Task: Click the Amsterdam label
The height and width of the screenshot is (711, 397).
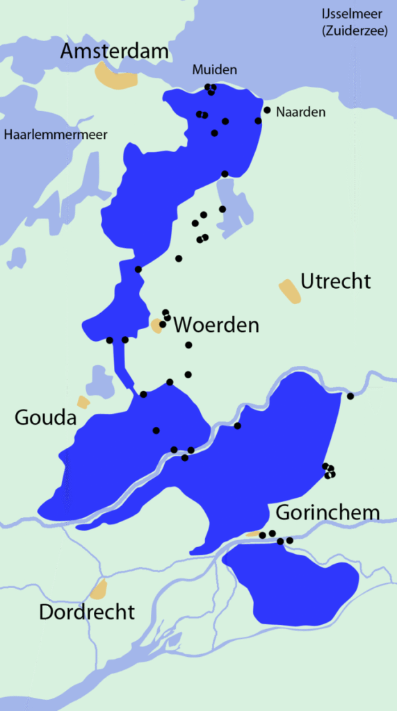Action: [x=115, y=51]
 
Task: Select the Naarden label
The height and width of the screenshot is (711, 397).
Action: [x=300, y=112]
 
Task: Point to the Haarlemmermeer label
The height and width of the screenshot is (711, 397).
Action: [x=56, y=135]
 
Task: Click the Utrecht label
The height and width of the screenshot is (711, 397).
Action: [x=336, y=281]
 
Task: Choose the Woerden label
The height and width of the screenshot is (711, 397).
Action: [x=216, y=324]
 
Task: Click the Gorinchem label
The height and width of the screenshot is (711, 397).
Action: [x=328, y=512]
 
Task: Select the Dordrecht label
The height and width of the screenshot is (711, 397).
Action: [x=87, y=612]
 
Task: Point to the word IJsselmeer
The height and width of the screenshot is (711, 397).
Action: [x=354, y=14]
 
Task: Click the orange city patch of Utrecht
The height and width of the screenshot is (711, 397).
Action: [x=290, y=291]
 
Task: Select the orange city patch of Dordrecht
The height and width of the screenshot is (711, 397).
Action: [x=99, y=589]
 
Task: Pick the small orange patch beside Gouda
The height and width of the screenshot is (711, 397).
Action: [x=83, y=402]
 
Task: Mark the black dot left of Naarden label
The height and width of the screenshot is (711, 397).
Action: [x=267, y=110]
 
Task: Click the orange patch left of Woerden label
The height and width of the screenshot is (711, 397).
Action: [x=156, y=325]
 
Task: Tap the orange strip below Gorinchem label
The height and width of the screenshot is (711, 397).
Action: [x=254, y=534]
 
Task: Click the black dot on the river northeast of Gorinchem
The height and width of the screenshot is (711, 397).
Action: [x=350, y=396]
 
